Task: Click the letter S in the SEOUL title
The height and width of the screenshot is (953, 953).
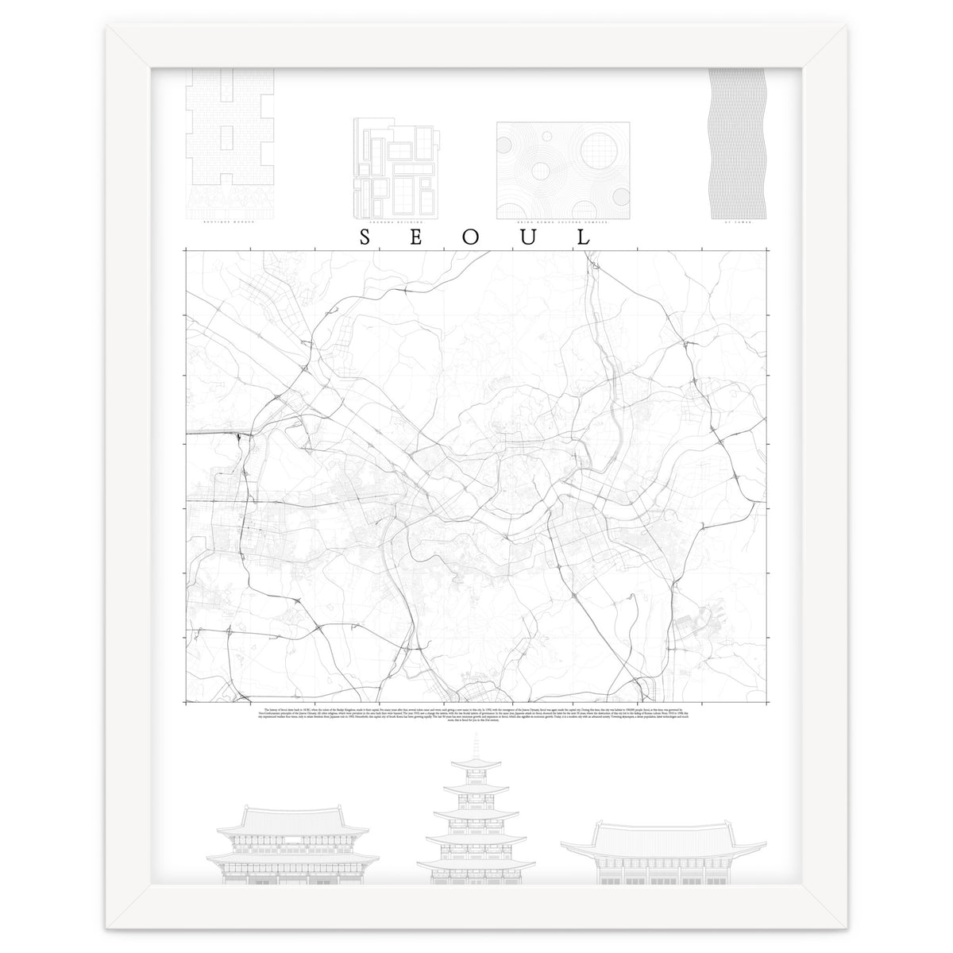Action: [x=365, y=238]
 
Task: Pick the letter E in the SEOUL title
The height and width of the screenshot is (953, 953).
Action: [x=419, y=238]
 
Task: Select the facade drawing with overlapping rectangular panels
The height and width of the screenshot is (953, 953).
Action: [x=395, y=169]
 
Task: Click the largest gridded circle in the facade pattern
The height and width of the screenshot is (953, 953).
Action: [x=600, y=150]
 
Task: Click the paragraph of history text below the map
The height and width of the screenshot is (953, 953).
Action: [x=476, y=715]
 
